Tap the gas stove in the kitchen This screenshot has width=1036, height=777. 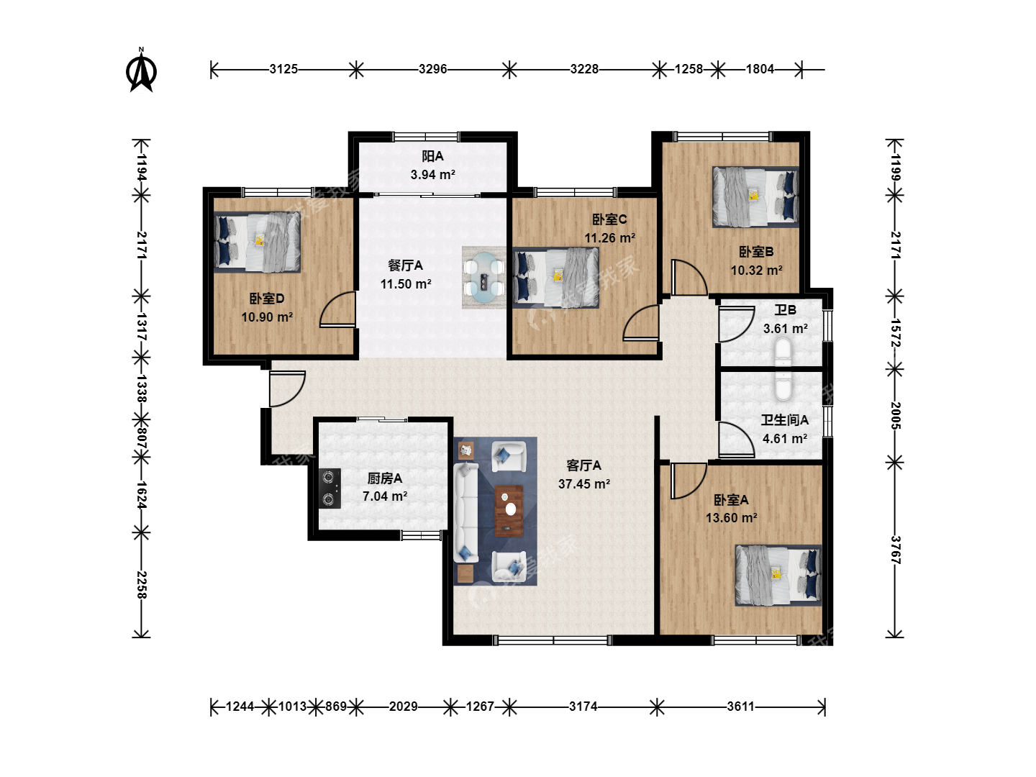(x=330, y=489)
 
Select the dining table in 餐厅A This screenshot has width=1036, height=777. (x=483, y=278)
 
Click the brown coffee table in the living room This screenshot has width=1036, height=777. (x=509, y=511)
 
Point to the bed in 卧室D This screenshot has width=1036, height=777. (x=258, y=242)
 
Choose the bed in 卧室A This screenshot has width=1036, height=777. (x=778, y=575)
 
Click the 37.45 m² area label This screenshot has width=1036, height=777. (x=584, y=484)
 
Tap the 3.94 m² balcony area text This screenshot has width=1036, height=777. (x=433, y=175)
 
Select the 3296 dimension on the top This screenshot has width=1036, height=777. (x=433, y=69)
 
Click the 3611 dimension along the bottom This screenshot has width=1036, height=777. (x=740, y=706)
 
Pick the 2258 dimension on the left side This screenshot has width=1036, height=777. (x=141, y=585)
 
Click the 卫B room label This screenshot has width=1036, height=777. (x=786, y=310)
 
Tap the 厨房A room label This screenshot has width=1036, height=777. (x=385, y=478)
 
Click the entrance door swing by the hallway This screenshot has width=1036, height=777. (x=287, y=388)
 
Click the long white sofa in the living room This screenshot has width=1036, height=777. (x=466, y=513)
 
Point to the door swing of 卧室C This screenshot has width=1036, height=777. (x=641, y=322)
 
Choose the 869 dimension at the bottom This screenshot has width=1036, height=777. (x=335, y=706)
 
